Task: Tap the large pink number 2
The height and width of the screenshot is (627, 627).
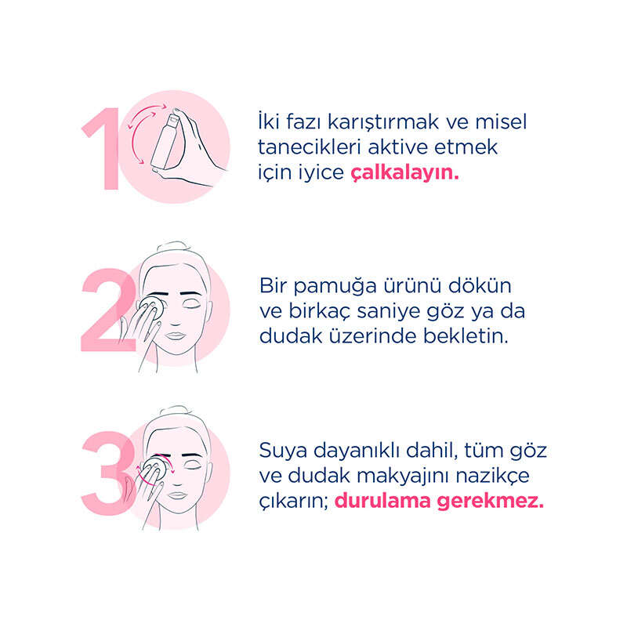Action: tap(108, 310)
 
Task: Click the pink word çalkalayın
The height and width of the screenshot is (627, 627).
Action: tap(404, 172)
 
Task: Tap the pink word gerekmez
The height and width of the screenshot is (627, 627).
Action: tap(491, 502)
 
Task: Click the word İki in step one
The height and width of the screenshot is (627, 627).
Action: tap(269, 121)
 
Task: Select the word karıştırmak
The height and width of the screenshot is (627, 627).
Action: tap(383, 122)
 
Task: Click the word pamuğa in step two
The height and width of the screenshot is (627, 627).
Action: tap(335, 286)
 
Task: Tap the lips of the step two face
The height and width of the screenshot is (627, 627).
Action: tap(175, 336)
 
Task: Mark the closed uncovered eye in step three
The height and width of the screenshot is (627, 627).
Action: tap(192, 466)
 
